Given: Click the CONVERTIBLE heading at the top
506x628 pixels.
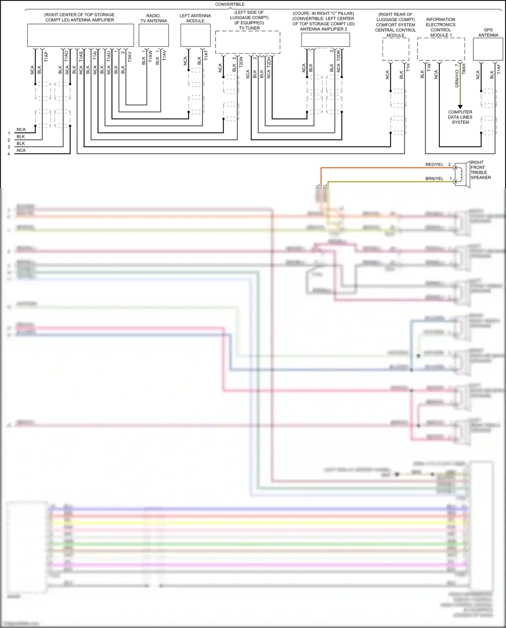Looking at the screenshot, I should coord(230,4).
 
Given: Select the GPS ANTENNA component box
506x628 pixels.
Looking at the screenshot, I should coord(488,49).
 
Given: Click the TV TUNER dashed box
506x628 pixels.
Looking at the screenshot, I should coord(248,42).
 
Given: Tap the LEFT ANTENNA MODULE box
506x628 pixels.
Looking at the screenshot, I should coord(195,35).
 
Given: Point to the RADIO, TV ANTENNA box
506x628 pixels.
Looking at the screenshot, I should coord(153,35).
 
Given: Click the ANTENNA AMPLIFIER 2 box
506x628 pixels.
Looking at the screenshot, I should coord(325,40).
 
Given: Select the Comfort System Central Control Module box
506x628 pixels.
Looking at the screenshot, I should coord(395,49).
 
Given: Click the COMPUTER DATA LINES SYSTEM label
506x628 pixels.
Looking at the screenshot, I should coord(460,117).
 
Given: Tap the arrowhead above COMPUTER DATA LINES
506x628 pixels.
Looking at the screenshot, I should coord(460,107).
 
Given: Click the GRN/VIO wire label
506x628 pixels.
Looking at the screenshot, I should coord(457,79).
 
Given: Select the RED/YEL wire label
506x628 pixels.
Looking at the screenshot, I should coord(434,165).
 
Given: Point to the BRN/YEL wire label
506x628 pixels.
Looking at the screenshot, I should coord(434,179).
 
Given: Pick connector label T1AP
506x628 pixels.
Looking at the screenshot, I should coord(46,57).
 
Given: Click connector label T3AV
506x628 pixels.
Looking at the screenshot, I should coord(130,57).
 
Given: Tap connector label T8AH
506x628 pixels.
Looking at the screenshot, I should coord(464,69).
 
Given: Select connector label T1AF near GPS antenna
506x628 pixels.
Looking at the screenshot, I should coord(499,69).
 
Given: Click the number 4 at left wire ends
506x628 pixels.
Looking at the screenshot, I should coord(9,154).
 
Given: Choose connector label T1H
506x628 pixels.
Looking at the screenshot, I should coord(408,67).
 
